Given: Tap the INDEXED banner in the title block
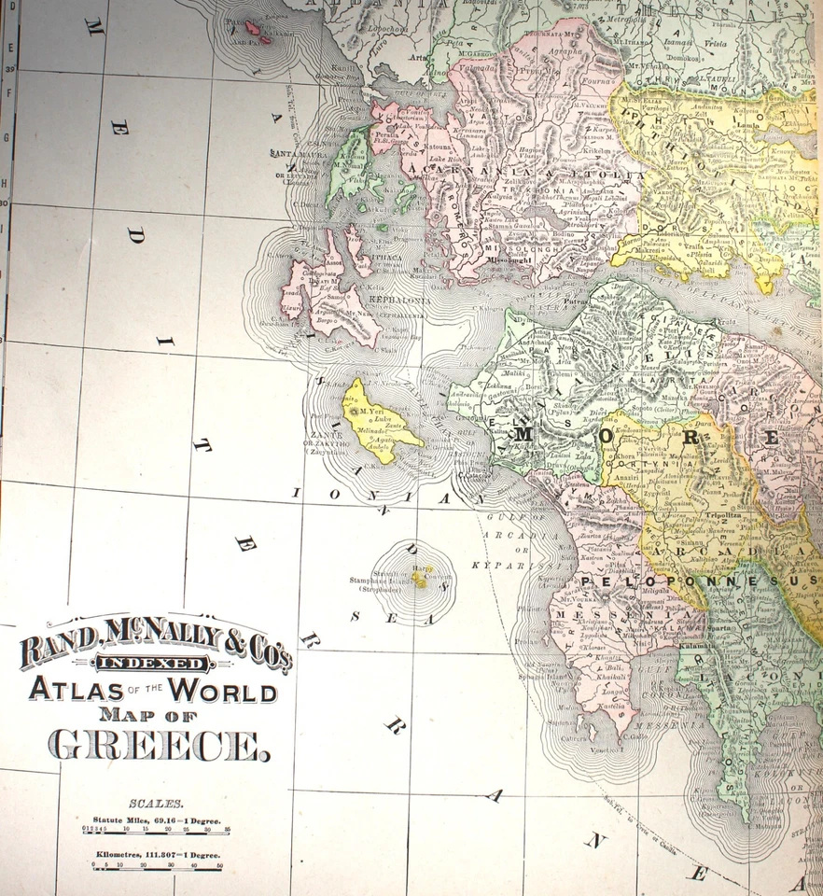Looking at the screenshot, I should [154, 664].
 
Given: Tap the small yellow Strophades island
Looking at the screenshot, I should [419, 579].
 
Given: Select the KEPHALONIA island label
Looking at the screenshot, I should [401, 300].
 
